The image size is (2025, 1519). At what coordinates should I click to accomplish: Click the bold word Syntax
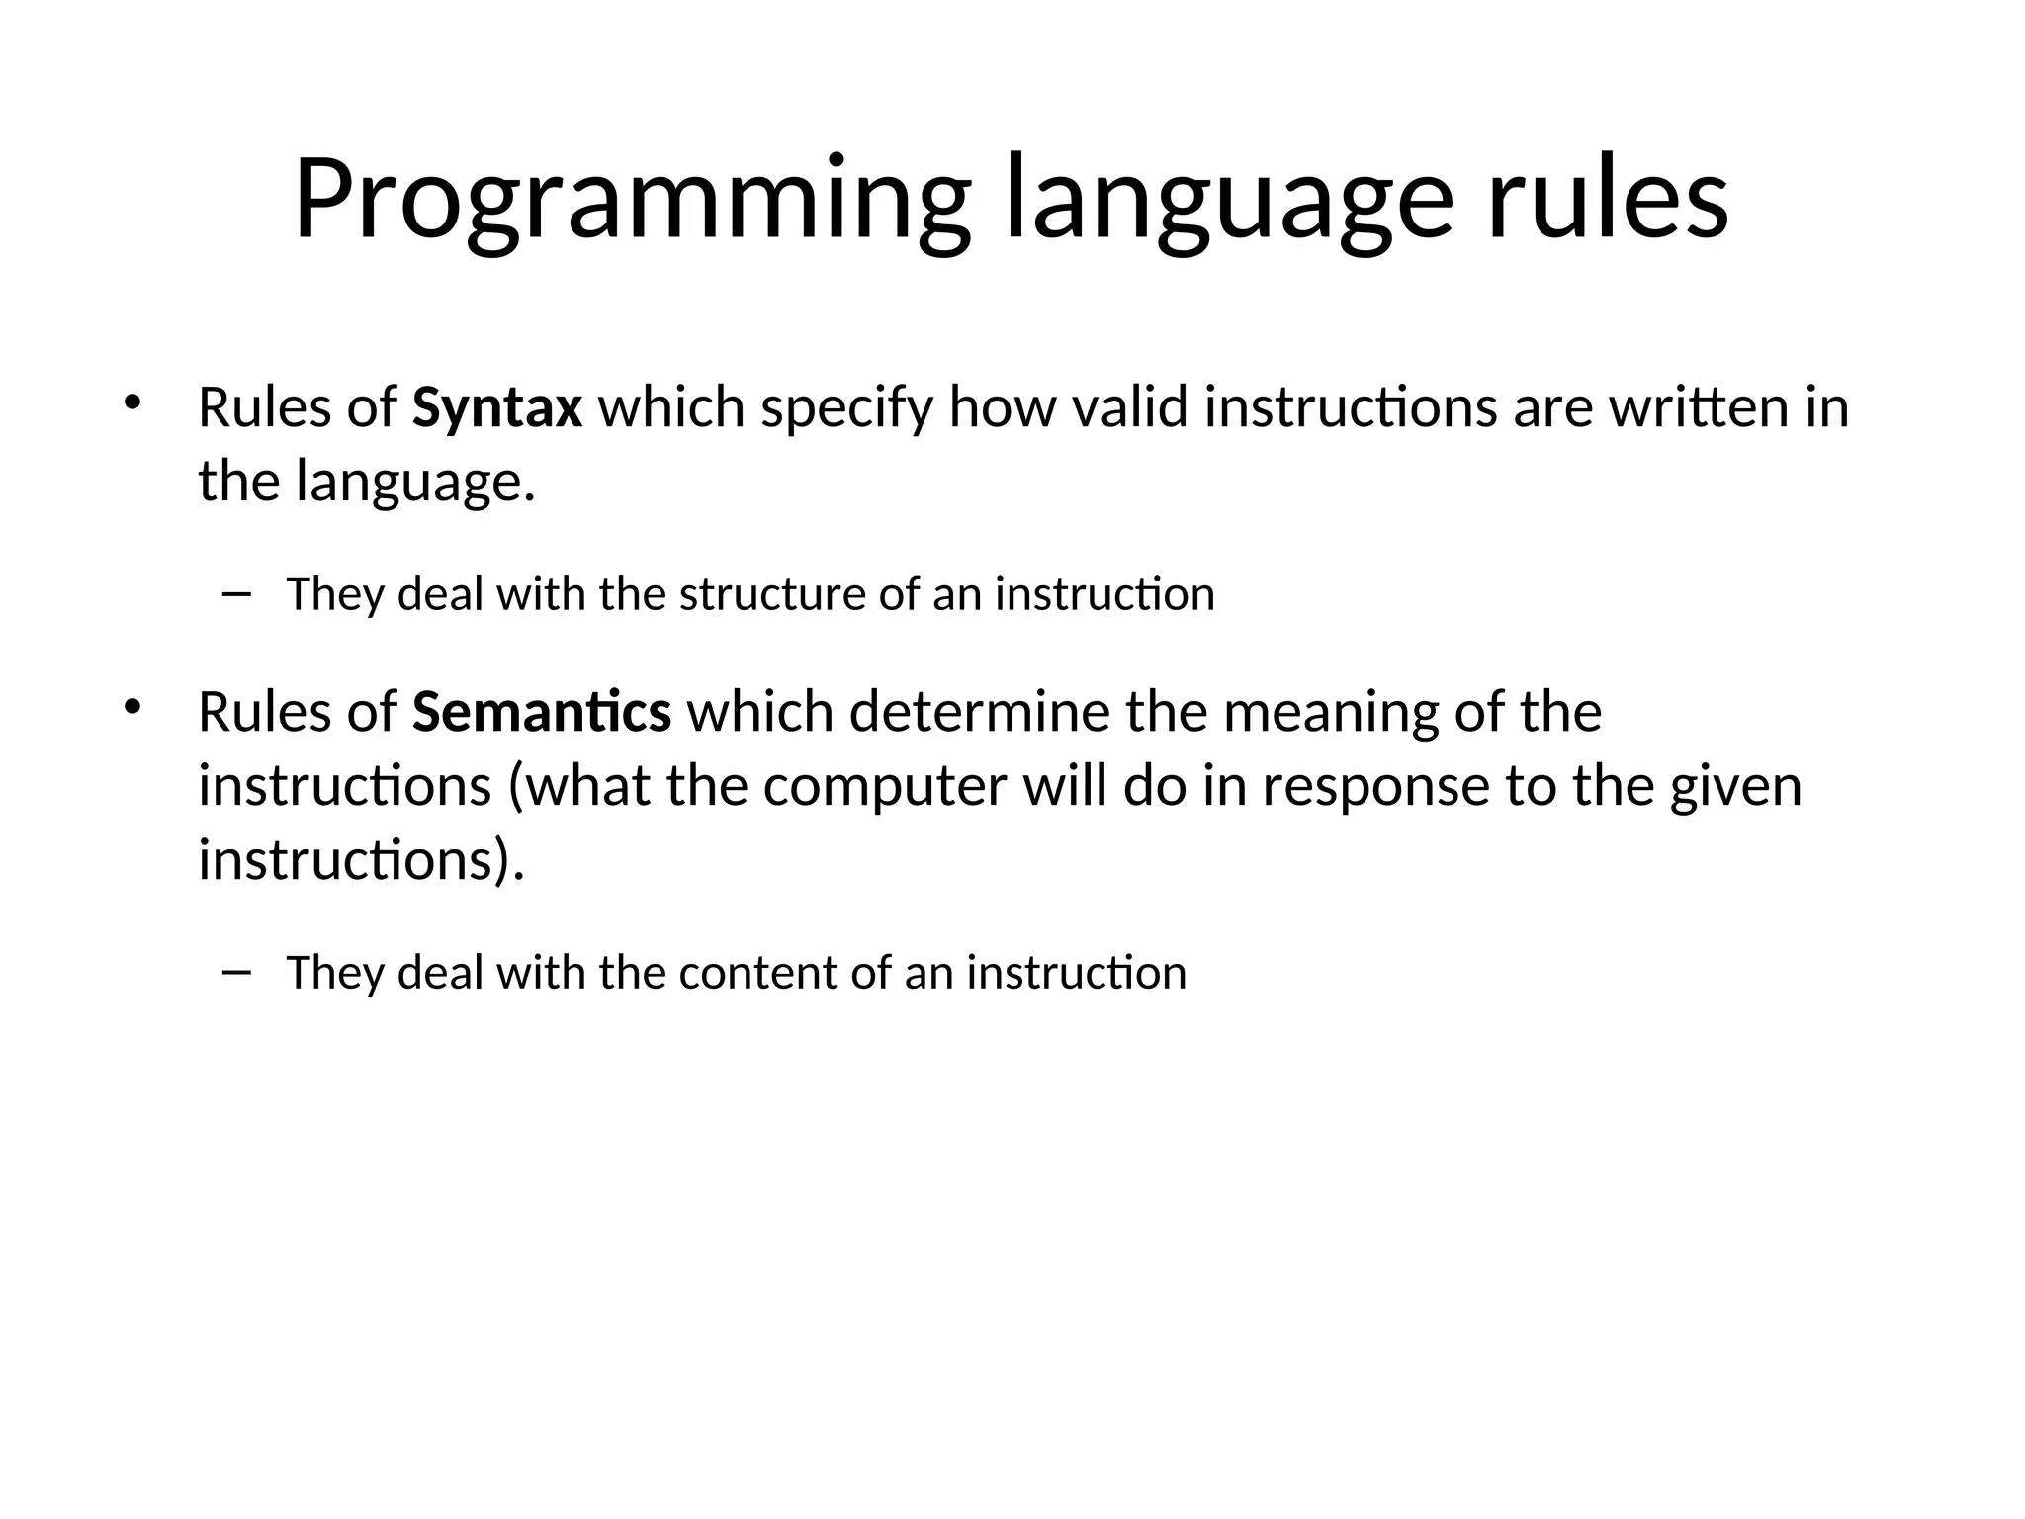point(496,407)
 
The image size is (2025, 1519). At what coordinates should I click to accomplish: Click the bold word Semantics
point(541,712)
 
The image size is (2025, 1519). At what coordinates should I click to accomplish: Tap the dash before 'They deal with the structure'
point(237,593)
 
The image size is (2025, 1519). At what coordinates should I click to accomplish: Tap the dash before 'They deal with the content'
point(237,972)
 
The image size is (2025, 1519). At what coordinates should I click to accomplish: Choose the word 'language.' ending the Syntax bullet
point(415,484)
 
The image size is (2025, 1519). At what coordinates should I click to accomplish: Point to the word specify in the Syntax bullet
point(846,409)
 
